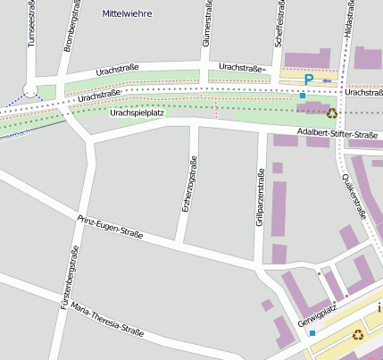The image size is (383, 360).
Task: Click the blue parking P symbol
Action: pyautogui.click(x=309, y=80)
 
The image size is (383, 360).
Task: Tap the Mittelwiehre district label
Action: pyautogui.click(x=129, y=13)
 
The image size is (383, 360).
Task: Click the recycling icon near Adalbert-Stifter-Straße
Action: pyautogui.click(x=332, y=113)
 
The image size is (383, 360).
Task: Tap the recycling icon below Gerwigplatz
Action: pyautogui.click(x=357, y=335)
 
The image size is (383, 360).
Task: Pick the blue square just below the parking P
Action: pyautogui.click(x=304, y=95)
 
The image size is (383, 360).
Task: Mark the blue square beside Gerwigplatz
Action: pyautogui.click(x=312, y=333)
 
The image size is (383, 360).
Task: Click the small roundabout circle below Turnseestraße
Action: pyautogui.click(x=31, y=89)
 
